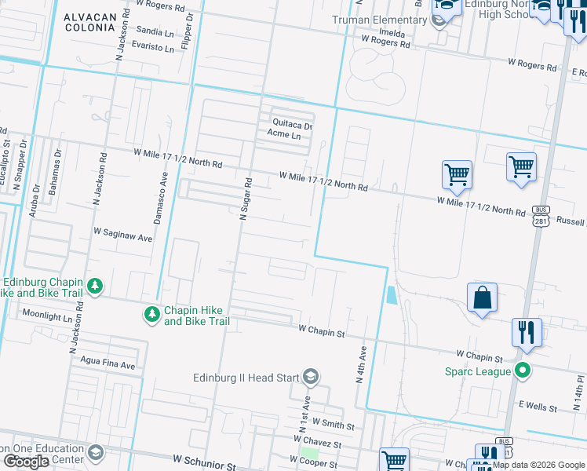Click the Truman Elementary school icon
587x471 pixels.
coord(440,20)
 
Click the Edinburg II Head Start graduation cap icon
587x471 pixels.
coord(311,378)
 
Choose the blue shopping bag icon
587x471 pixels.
coord(482,298)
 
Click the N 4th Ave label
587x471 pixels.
coord(362,364)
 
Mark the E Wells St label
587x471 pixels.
coord(538,408)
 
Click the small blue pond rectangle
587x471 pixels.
coord(392,295)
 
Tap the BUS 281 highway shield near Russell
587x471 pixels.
coord(540,216)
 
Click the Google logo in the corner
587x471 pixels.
coord(27,462)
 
